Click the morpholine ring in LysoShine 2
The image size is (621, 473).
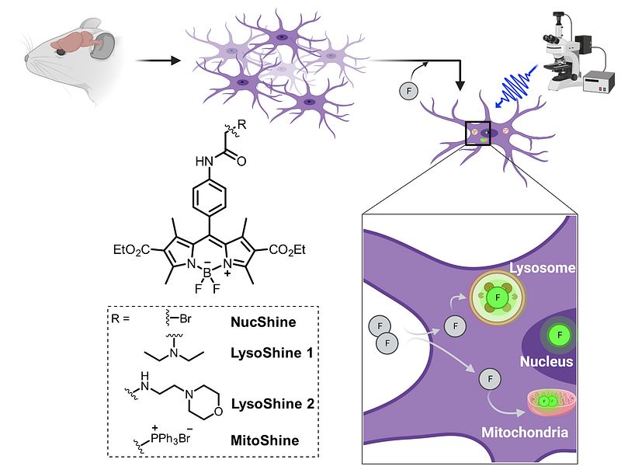pyautogui.click(x=206, y=398)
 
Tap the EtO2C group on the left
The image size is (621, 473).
pyautogui.click(x=133, y=250)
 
